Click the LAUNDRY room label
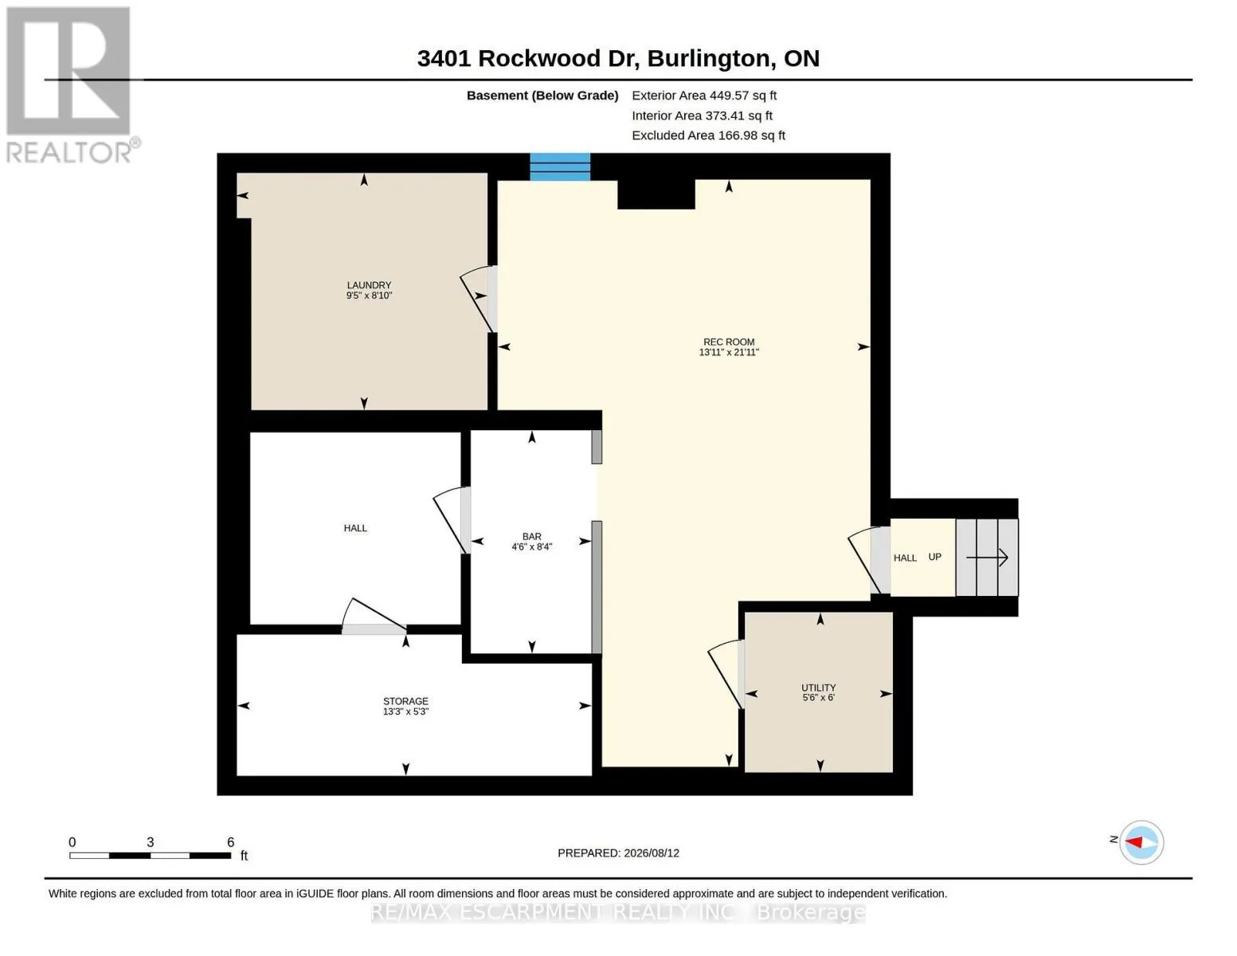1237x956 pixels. click(369, 284)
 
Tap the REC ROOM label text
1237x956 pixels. click(729, 342)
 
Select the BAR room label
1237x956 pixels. click(532, 536)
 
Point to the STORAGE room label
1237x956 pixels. click(405, 701)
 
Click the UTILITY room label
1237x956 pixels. click(819, 688)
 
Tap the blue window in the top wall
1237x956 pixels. click(560, 167)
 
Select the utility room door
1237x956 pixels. click(726, 674)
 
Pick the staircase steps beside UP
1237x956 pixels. click(987, 558)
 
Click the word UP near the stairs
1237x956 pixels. click(935, 557)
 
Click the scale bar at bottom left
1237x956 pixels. click(151, 855)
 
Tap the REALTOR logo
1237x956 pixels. click(69, 85)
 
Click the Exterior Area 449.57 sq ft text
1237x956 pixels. click(704, 96)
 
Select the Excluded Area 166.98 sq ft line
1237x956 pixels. click(708, 135)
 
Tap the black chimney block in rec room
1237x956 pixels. click(656, 194)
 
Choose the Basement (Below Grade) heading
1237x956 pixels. click(542, 96)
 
